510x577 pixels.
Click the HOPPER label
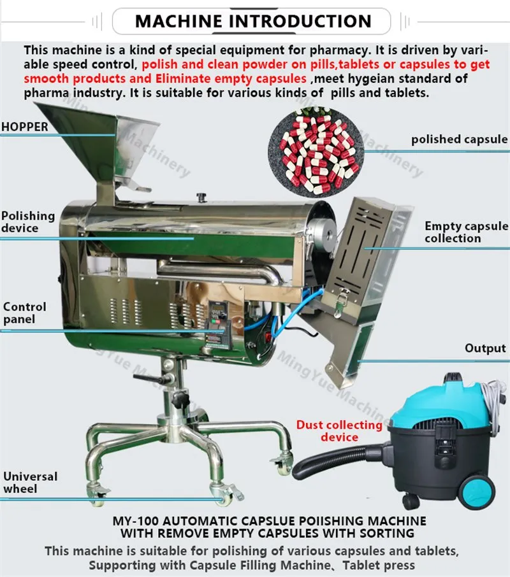pyautogui.click(x=25, y=127)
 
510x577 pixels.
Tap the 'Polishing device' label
pyautogui.click(x=28, y=222)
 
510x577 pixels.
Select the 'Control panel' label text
pyautogui.click(x=25, y=313)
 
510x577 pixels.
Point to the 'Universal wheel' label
pyautogui.click(x=30, y=483)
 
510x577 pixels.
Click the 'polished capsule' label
pyautogui.click(x=459, y=139)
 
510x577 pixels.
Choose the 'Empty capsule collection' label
pyautogui.click(x=466, y=232)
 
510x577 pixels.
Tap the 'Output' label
pyautogui.click(x=485, y=348)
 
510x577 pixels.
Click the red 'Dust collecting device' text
pyautogui.click(x=339, y=431)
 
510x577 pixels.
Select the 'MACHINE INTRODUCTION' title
pyautogui.click(x=253, y=21)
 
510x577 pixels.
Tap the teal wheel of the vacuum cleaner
pyautogui.click(x=476, y=492)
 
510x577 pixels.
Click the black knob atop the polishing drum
pyautogui.click(x=201, y=197)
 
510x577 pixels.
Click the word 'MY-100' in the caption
pyautogui.click(x=135, y=521)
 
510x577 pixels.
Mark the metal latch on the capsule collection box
pyautogui.click(x=341, y=301)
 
